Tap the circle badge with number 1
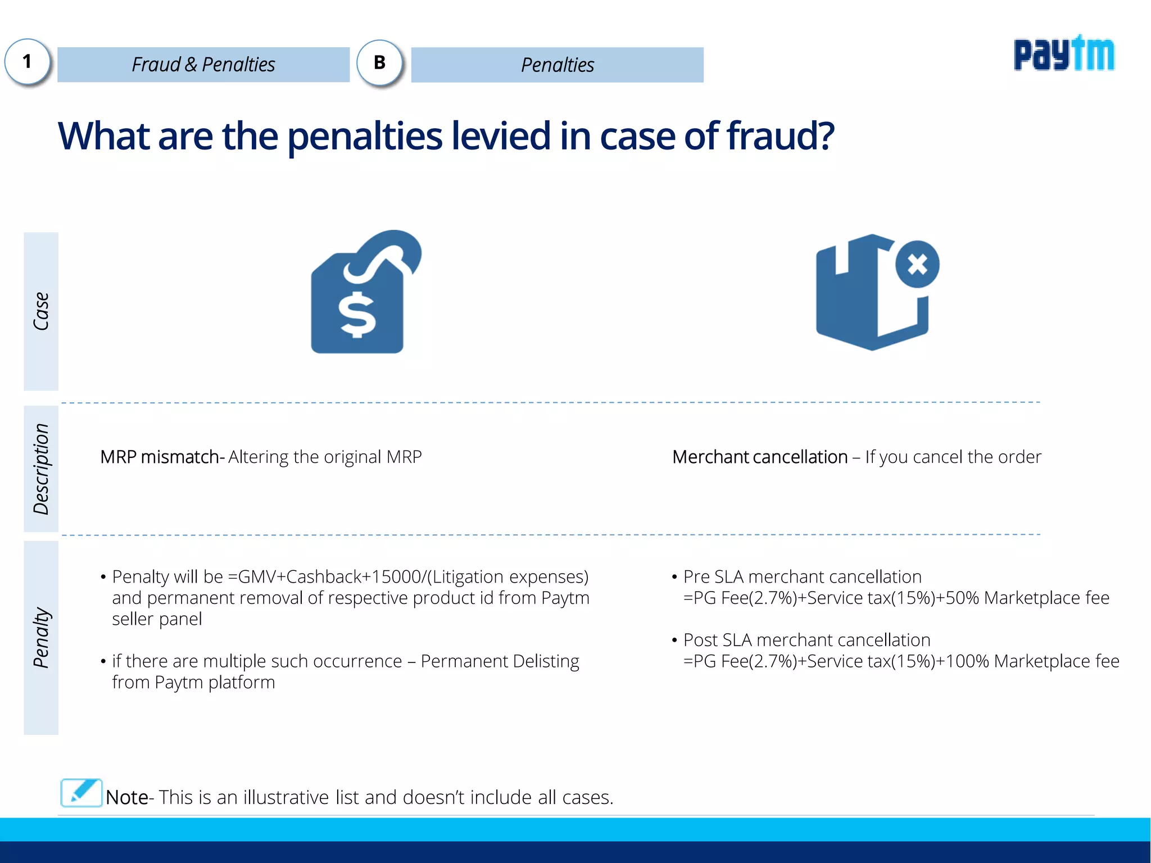click(x=28, y=62)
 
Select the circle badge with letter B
click(x=380, y=62)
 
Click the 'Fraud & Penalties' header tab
click(x=203, y=65)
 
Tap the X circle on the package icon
click(x=917, y=264)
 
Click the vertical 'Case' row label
click(x=41, y=311)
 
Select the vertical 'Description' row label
click(x=41, y=469)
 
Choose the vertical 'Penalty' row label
click(x=41, y=637)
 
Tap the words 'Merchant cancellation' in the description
click(x=760, y=457)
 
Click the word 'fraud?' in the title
click(x=780, y=136)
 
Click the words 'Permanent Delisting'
click(x=500, y=661)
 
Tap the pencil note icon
click(x=81, y=793)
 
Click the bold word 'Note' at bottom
click(x=127, y=797)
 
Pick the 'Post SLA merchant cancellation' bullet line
click(x=806, y=640)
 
